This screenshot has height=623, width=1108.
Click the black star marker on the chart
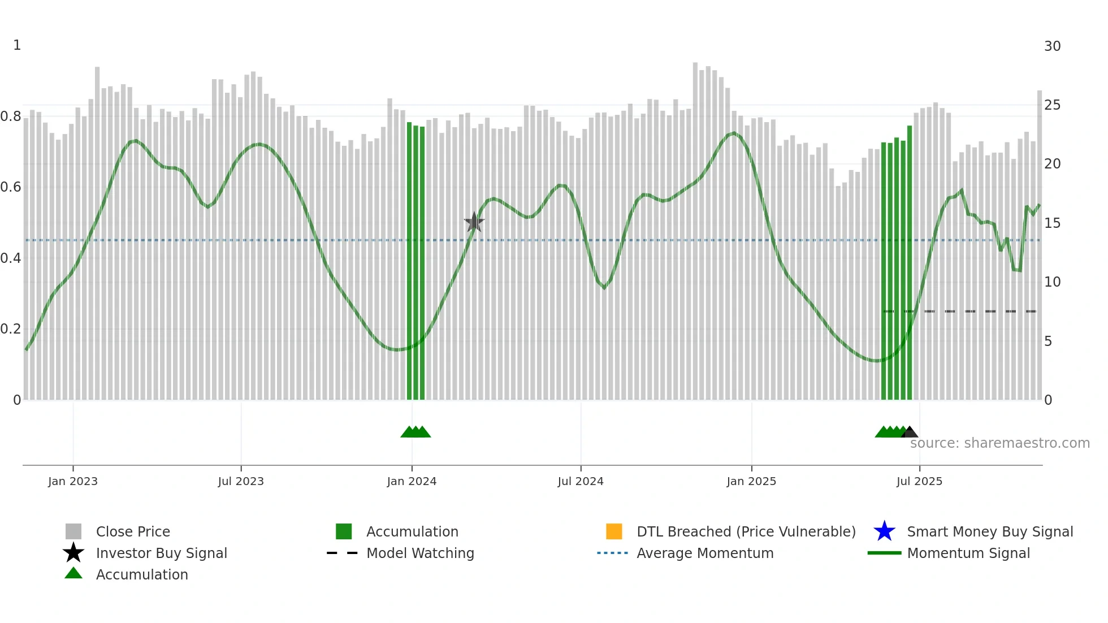pyautogui.click(x=474, y=222)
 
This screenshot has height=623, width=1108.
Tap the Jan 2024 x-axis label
pyautogui.click(x=412, y=481)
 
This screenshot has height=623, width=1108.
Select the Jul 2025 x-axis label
pyautogui.click(x=919, y=481)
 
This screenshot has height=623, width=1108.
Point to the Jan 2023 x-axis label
pyautogui.click(x=73, y=481)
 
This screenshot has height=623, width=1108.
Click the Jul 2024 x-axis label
pyautogui.click(x=581, y=481)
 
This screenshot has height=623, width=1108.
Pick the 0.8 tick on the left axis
pyautogui.click(x=11, y=116)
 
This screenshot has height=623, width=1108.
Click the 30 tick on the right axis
pyautogui.click(x=1052, y=46)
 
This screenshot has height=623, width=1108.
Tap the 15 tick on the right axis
pyautogui.click(x=1052, y=223)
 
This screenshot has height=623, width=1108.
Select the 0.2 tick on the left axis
pyautogui.click(x=11, y=329)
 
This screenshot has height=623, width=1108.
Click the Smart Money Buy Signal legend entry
pyautogui.click(x=990, y=531)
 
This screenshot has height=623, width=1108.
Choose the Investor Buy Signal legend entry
pyautogui.click(x=161, y=553)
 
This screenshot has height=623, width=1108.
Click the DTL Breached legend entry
pyautogui.click(x=746, y=531)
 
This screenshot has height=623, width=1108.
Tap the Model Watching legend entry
pyautogui.click(x=420, y=553)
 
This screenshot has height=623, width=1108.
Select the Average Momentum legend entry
pyautogui.click(x=705, y=553)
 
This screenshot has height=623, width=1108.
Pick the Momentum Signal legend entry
pyautogui.click(x=968, y=553)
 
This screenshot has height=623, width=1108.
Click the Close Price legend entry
pyautogui.click(x=133, y=531)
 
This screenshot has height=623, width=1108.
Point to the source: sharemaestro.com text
pyautogui.click(x=999, y=443)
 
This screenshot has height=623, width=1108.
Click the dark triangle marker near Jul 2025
pyautogui.click(x=910, y=432)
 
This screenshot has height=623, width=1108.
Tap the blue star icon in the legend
pyautogui.click(x=884, y=531)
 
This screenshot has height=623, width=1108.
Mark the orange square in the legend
pyautogui.click(x=614, y=531)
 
